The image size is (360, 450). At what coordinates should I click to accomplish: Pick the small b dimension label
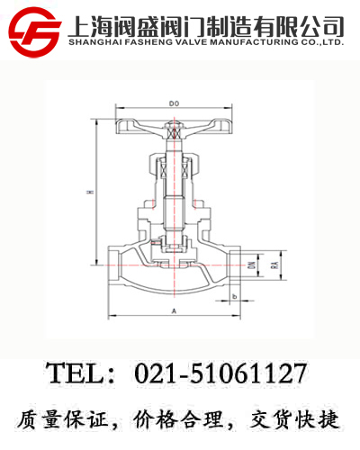click(x=234, y=296)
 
